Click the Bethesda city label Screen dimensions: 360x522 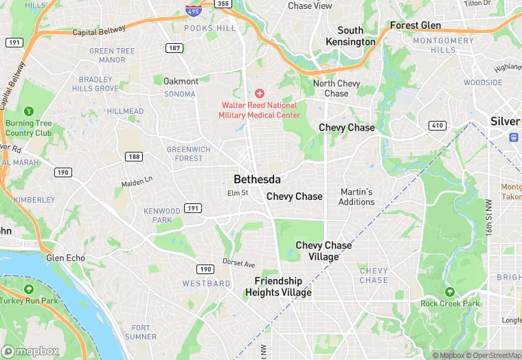[257, 179]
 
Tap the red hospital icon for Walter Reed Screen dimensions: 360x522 [259, 93]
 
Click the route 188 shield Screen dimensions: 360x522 [134, 157]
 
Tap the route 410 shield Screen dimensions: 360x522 [437, 126]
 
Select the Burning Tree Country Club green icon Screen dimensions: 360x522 [28, 111]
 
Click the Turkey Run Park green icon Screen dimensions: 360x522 [28, 289]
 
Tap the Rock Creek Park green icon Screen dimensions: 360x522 [449, 292]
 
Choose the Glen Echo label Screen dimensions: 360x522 [65, 258]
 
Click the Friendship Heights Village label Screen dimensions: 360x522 [278, 286]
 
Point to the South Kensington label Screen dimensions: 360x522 [350, 36]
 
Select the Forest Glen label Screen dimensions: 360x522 [415, 25]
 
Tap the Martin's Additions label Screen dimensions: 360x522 [356, 196]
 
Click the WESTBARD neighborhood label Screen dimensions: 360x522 [206, 283]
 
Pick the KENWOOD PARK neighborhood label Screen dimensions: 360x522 [162, 215]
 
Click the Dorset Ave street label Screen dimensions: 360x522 [238, 263]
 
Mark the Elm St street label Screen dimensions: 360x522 [238, 193]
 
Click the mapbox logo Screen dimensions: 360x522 [33, 350]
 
